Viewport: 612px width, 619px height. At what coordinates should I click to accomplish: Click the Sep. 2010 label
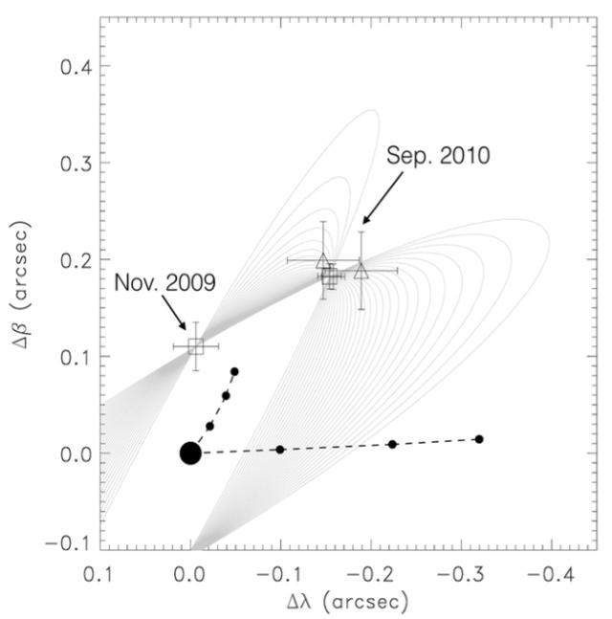pyautogui.click(x=439, y=156)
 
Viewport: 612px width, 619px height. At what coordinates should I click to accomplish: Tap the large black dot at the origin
pyautogui.click(x=190, y=453)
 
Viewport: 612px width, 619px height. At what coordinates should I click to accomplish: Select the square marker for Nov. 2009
pyautogui.click(x=196, y=345)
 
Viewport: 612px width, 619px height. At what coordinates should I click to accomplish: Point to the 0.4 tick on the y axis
pyautogui.click(x=76, y=66)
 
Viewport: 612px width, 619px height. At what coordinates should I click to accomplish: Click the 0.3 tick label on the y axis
pyautogui.click(x=76, y=163)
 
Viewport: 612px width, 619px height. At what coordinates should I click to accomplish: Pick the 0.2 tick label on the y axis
pyautogui.click(x=76, y=260)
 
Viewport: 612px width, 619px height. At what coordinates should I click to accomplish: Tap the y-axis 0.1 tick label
pyautogui.click(x=76, y=357)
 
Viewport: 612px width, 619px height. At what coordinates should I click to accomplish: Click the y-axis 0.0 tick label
pyautogui.click(x=76, y=453)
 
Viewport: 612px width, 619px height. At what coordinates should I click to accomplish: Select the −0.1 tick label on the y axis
pyautogui.click(x=69, y=550)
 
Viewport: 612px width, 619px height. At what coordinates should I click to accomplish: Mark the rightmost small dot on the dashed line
pyautogui.click(x=479, y=439)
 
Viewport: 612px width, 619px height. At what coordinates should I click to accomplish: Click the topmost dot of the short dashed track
pyautogui.click(x=234, y=371)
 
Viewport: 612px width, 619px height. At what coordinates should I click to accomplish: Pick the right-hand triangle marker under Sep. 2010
pyautogui.click(x=361, y=271)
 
